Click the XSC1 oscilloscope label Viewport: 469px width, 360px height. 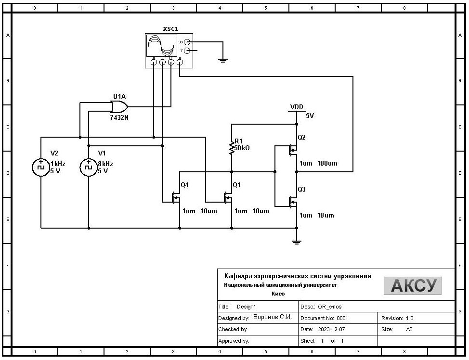[170, 29]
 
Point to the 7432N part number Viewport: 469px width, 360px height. [119, 117]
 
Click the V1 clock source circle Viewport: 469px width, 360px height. [89, 167]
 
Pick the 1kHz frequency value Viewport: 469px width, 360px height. [58, 164]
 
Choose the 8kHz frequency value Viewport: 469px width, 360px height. [105, 164]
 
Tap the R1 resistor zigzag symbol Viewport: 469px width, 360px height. [232, 148]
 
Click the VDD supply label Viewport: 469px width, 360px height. [297, 107]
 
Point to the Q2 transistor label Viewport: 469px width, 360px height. [301, 137]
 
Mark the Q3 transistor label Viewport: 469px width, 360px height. [301, 189]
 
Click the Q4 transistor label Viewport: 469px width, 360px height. [184, 185]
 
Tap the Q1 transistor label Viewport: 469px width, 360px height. [236, 185]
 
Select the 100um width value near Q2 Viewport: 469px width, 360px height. [327, 164]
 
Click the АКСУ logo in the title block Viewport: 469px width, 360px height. [412, 285]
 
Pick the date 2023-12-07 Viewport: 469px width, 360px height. [329, 330]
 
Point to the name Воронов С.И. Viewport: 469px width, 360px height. [273, 318]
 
